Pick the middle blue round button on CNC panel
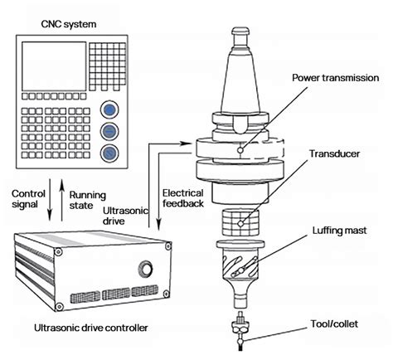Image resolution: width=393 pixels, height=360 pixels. pos(109,131)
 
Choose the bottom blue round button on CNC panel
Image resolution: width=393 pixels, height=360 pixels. pos(109,152)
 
